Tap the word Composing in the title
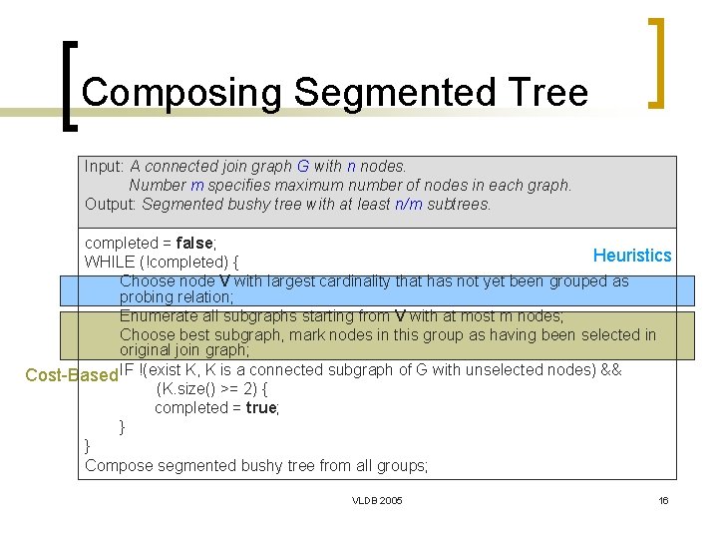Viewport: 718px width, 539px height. pos(182,93)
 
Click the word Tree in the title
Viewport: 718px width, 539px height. pos(549,93)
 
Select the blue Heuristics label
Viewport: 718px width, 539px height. pos(632,256)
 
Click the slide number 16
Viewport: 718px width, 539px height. pos(663,500)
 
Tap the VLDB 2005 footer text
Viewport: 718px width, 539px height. pos(377,500)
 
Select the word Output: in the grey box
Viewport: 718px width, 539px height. pos(111,205)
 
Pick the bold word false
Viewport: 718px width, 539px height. pos(193,244)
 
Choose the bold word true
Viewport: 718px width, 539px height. pos(261,408)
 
